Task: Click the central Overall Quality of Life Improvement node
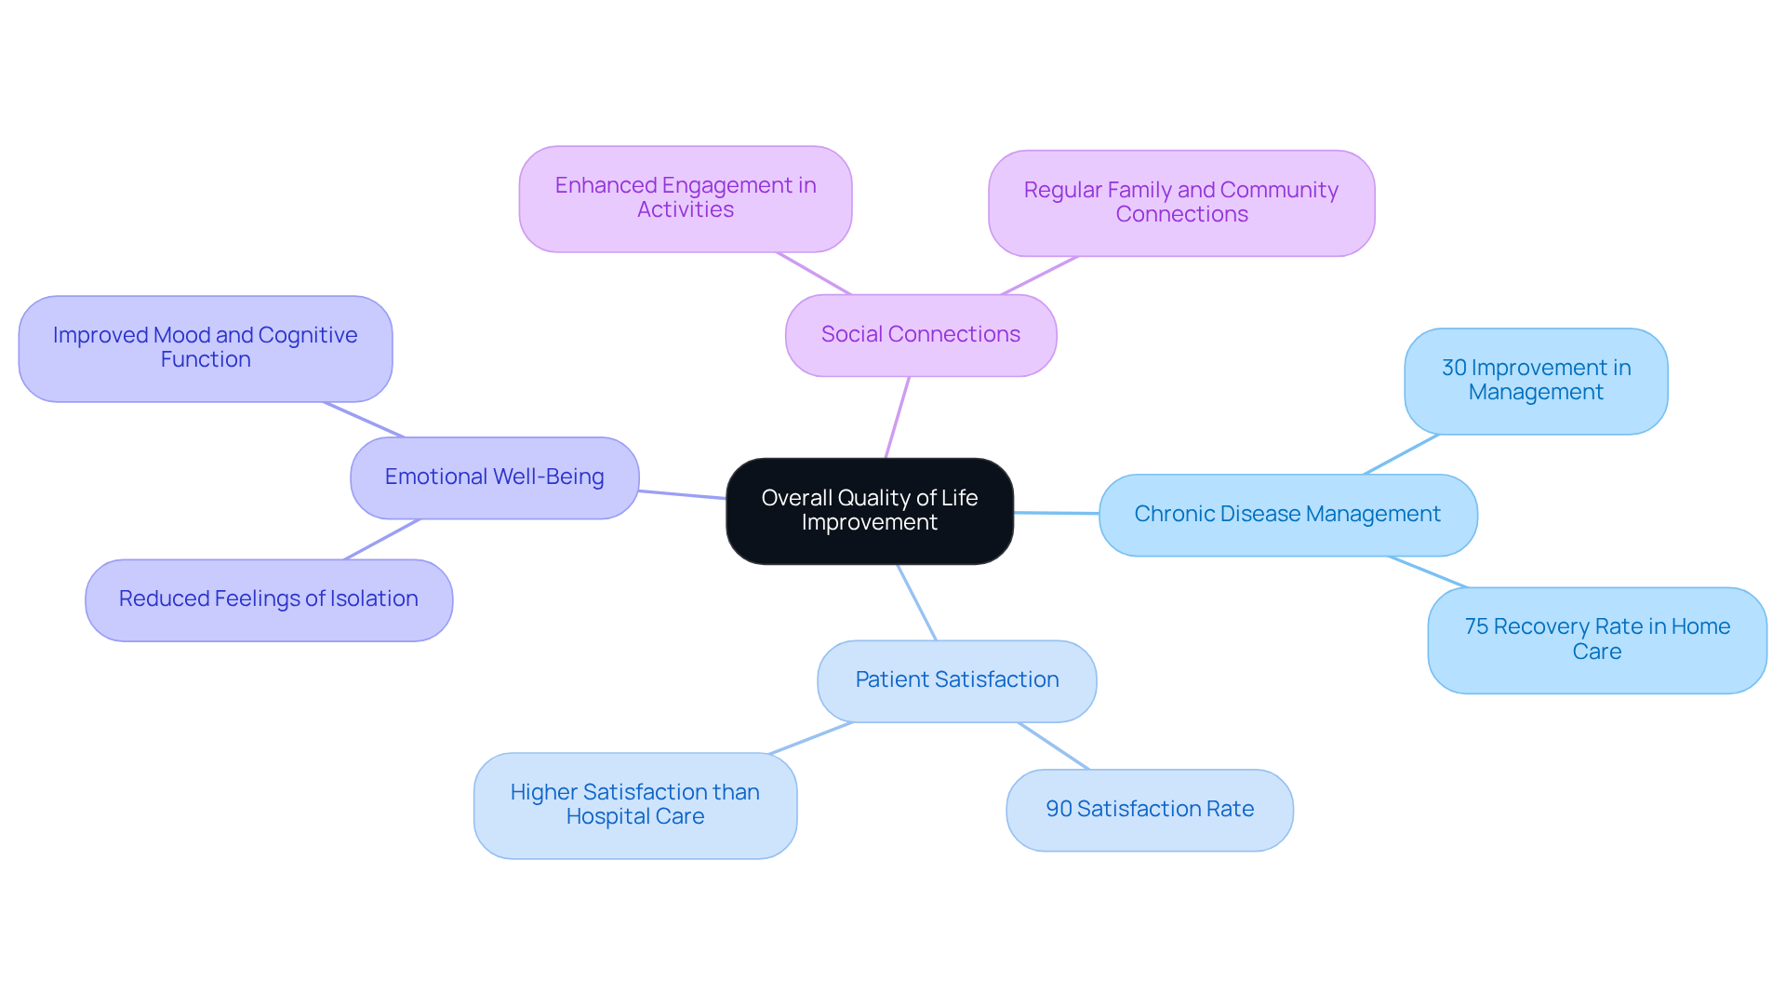tap(869, 510)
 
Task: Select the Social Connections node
tap(920, 335)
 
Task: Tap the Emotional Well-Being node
tap(494, 477)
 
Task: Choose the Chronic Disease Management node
tap(1287, 515)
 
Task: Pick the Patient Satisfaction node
tap(956, 680)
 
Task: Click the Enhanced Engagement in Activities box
tap(685, 198)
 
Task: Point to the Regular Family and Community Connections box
tap(1180, 203)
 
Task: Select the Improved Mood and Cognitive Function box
tap(205, 348)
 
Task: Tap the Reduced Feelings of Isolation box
tap(268, 599)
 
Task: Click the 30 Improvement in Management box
tap(1535, 381)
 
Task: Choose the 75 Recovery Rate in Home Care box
tap(1596, 639)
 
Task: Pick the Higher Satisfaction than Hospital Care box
tap(634, 805)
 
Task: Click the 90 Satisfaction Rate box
tap(1149, 810)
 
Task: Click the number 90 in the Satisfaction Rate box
tap(1059, 810)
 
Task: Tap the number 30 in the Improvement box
tap(1454, 369)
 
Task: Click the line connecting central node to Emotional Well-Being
tap(682, 494)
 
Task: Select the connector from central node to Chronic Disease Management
tap(1056, 513)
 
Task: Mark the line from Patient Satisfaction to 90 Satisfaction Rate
tap(1053, 746)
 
